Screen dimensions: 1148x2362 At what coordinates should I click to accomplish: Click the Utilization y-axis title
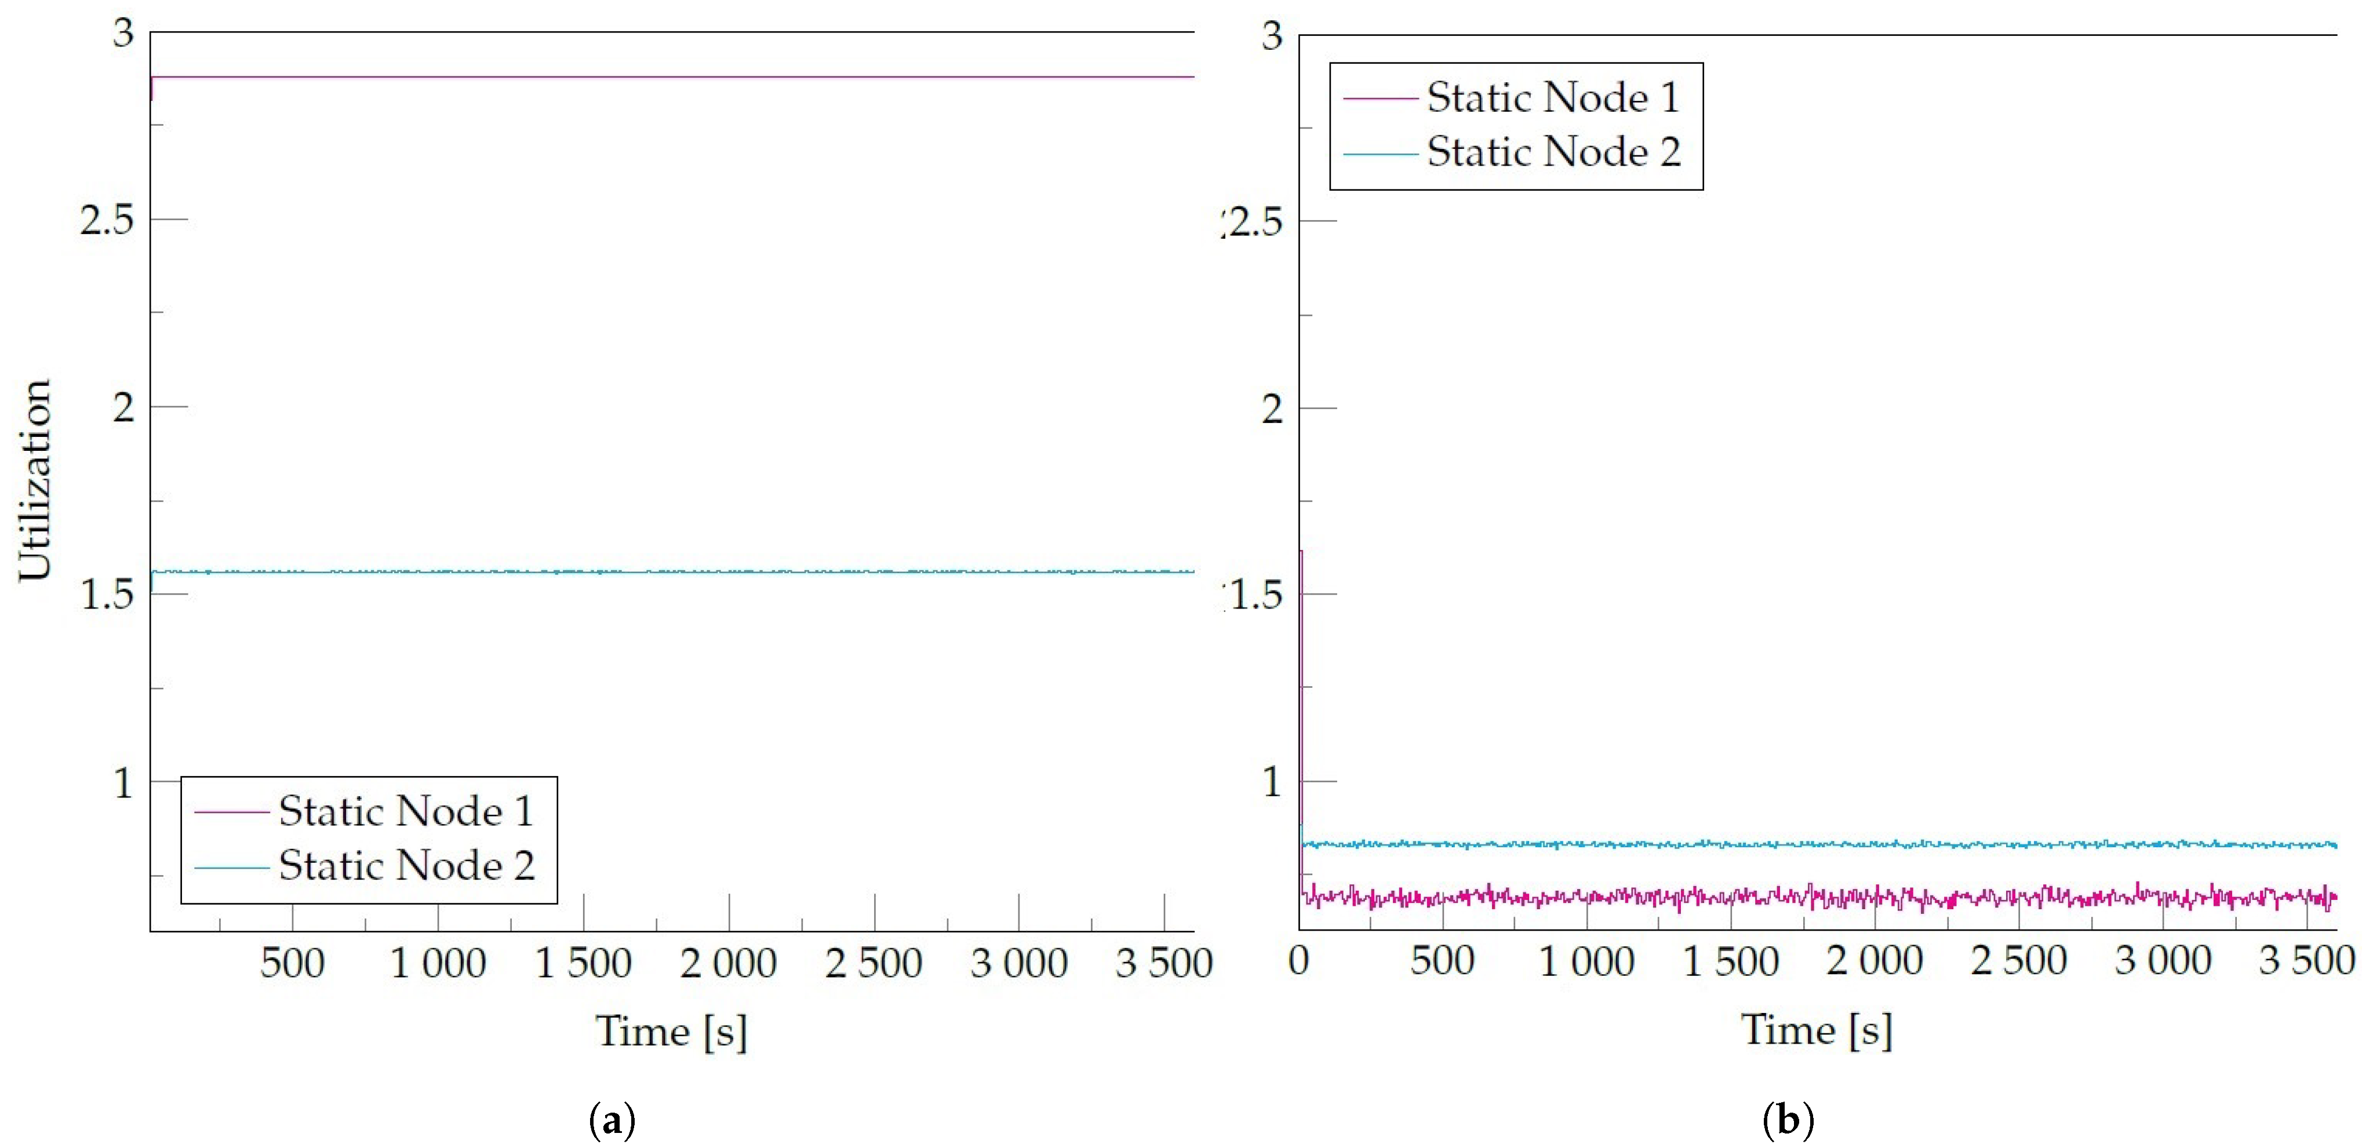[35, 480]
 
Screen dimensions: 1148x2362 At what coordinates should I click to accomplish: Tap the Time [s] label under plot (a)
[671, 1032]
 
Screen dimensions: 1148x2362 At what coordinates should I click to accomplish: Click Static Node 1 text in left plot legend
[405, 811]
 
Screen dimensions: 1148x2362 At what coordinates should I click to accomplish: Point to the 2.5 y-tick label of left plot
[107, 220]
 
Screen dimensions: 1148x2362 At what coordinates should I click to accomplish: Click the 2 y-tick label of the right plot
[1272, 408]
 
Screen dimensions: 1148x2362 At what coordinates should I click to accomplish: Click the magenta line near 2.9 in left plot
[669, 77]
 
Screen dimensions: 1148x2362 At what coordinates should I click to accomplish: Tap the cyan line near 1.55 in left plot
[669, 572]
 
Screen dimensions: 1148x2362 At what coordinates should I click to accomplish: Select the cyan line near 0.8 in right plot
[1815, 844]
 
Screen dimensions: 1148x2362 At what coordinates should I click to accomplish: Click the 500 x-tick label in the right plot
[1442, 961]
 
